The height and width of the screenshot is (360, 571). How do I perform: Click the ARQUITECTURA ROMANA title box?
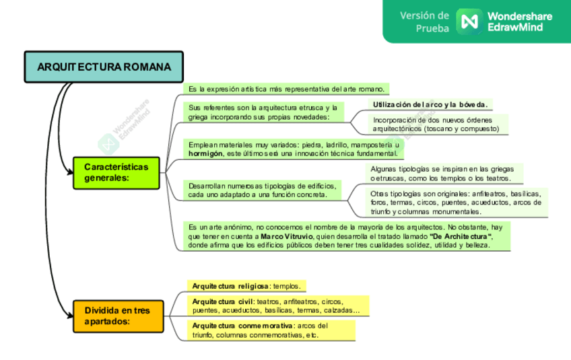[104, 67]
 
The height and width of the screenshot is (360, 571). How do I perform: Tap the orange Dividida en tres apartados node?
[119, 316]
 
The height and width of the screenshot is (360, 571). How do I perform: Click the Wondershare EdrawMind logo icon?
[468, 21]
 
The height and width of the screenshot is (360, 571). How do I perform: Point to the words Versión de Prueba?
[424, 22]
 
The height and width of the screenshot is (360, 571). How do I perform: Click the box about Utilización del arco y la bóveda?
[430, 104]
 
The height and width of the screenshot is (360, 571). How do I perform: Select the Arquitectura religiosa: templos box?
[246, 286]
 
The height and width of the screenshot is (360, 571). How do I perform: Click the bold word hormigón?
[205, 153]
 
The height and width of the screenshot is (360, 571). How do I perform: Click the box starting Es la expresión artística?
[286, 88]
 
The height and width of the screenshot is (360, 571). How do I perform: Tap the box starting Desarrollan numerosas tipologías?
[263, 190]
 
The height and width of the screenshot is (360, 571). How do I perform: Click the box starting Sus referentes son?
[263, 112]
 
